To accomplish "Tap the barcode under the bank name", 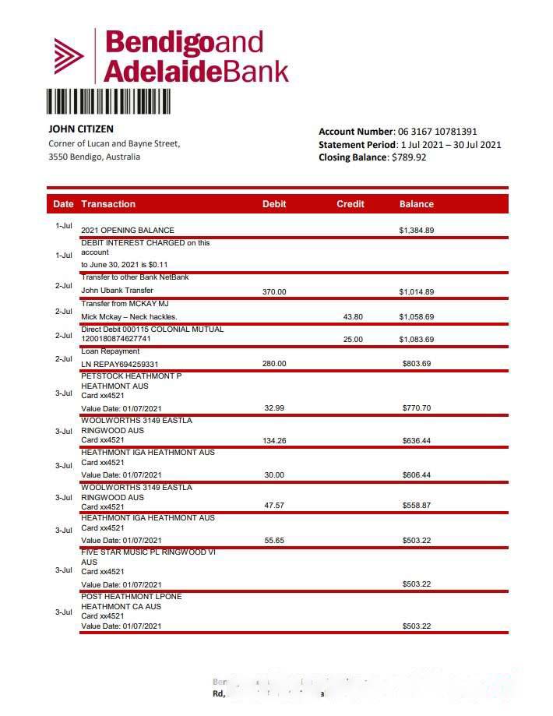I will (108, 103).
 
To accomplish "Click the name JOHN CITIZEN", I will (81, 129).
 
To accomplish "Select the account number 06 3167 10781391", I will (437, 132).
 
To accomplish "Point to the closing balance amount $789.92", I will (409, 157).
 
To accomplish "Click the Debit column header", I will (274, 204).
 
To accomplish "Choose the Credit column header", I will (350, 204).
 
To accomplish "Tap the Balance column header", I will (417, 204).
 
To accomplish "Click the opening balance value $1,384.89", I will (417, 231).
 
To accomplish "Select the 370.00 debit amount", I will (275, 291).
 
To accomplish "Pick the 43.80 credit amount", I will (353, 317).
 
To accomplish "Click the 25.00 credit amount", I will (353, 340).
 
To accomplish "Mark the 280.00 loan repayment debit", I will (275, 364).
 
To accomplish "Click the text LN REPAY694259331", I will (120, 364).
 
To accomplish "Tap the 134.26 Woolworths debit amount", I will (275, 441).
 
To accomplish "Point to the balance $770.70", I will (417, 408).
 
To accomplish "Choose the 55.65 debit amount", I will (275, 541).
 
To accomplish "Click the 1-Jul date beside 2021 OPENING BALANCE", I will (64, 226).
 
